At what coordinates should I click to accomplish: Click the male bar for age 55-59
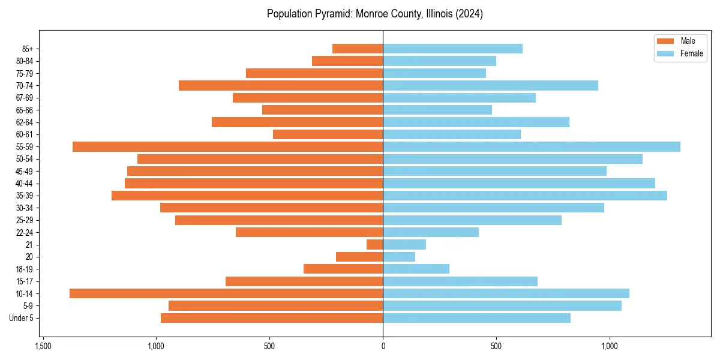coord(228,146)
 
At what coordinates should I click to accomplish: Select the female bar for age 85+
coord(452,49)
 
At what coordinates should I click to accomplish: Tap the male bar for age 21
coord(375,244)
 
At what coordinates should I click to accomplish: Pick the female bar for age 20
coord(399,257)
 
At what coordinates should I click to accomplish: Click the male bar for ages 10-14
coord(226,293)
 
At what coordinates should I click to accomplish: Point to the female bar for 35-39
coord(525,196)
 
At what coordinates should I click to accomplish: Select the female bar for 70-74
coord(490,85)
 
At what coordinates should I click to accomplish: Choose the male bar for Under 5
coord(272,318)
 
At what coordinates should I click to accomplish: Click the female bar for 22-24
coord(431,232)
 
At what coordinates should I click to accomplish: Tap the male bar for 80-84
coord(347,61)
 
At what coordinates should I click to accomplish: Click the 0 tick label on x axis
coord(383,347)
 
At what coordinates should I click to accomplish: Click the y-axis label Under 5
coord(22,318)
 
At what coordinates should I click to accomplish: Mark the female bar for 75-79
coord(434,73)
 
